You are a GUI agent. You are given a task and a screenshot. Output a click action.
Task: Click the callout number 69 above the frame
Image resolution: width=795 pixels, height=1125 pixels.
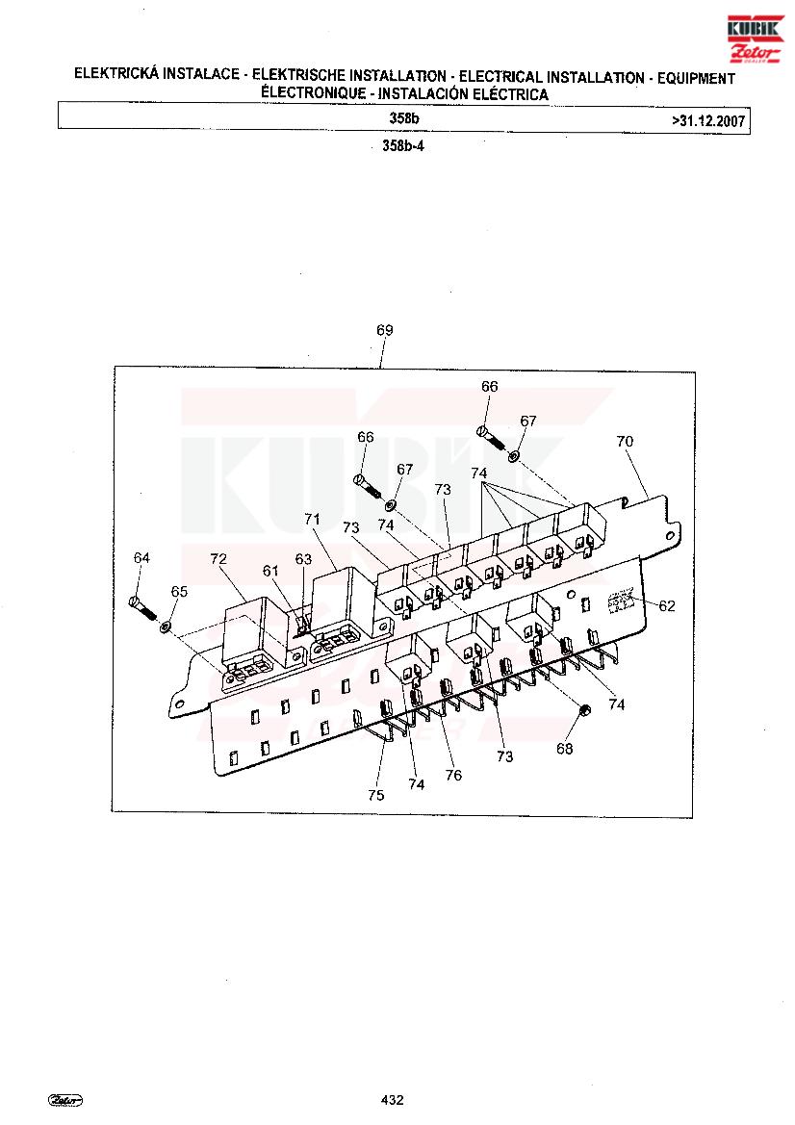(385, 330)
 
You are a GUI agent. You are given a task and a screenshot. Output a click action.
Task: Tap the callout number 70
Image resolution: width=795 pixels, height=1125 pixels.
(625, 442)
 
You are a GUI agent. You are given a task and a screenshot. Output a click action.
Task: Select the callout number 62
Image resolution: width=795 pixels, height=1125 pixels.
(667, 606)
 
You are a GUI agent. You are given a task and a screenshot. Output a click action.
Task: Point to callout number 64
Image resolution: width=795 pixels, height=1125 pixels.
(142, 558)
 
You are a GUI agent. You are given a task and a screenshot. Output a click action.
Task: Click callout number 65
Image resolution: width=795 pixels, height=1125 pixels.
(179, 591)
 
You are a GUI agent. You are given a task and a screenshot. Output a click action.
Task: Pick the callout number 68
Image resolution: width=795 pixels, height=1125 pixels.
(565, 749)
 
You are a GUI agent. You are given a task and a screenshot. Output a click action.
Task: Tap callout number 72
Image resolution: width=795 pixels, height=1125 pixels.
(218, 558)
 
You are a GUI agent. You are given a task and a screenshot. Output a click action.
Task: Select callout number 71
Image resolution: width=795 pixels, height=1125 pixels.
(312, 519)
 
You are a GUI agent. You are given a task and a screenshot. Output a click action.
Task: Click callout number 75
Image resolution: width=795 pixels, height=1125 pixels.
(376, 795)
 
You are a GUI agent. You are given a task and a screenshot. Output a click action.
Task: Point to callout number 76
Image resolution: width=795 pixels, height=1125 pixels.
(453, 775)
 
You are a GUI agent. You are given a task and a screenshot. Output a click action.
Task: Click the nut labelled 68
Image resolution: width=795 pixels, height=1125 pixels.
(584, 710)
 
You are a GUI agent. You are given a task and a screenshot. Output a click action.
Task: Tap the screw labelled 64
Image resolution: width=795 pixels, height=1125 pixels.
(142, 607)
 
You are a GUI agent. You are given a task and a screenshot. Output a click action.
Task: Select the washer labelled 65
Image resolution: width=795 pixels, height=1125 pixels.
(165, 627)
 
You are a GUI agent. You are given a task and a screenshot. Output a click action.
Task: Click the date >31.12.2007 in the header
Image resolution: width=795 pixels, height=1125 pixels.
(708, 120)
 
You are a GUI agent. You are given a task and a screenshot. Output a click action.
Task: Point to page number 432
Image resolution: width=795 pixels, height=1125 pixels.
(393, 1100)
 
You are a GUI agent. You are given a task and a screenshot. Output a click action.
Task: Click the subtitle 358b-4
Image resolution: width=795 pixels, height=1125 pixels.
(403, 145)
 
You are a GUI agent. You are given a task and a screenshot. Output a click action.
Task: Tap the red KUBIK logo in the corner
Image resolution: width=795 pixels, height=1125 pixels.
(755, 38)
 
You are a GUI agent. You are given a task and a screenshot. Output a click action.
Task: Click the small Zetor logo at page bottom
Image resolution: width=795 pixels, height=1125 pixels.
(65, 1101)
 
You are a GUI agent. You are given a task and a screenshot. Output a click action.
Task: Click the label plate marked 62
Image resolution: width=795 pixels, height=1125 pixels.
(621, 601)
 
